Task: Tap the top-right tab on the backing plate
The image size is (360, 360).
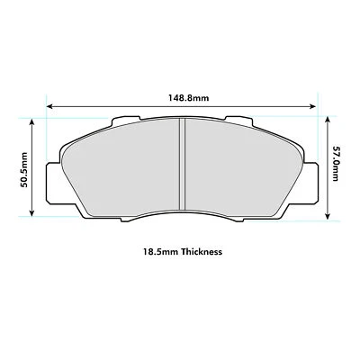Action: [x=242, y=123]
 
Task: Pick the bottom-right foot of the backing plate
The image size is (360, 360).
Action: [x=274, y=213]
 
